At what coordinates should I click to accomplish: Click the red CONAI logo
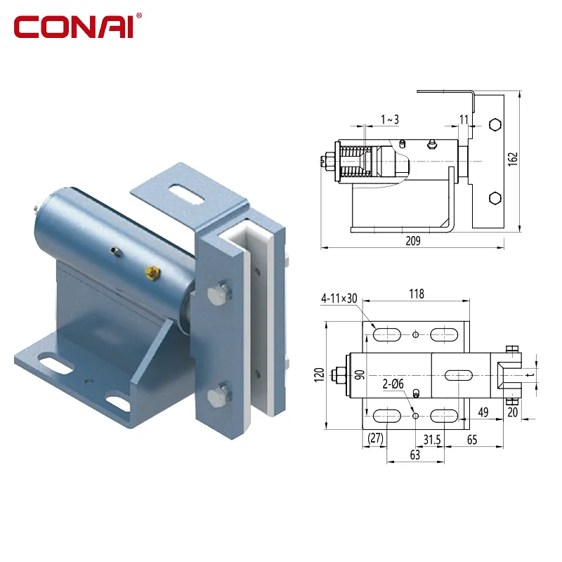pos(77,26)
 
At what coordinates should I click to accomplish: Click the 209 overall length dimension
pos(413,240)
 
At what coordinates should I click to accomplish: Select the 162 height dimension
pos(513,159)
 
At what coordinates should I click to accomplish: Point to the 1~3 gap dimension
pos(390,119)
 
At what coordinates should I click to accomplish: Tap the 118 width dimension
pos(417,294)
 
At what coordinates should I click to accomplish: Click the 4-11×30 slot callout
pos(339,298)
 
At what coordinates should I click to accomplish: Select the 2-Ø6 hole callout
pos(393,384)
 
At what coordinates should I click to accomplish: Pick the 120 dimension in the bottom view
pos(319,375)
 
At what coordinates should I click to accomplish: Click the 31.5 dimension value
pos(432,440)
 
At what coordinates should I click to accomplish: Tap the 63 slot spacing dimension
pos(414,455)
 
